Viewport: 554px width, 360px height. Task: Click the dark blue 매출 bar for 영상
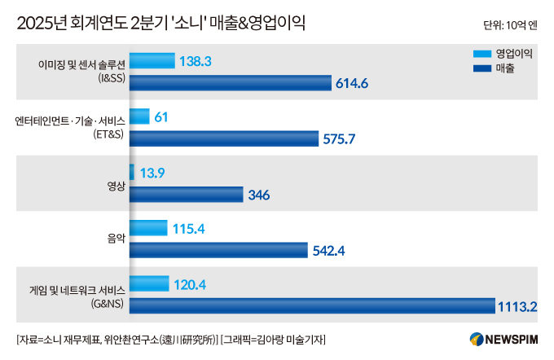pyautogui.click(x=186, y=194)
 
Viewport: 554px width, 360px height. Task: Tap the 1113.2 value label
pyautogui.click(x=519, y=305)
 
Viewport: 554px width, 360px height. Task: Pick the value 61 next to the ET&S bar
pyautogui.click(x=161, y=117)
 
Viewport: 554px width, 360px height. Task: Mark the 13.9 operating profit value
pyautogui.click(x=152, y=173)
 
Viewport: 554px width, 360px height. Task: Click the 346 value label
pyautogui.click(x=259, y=195)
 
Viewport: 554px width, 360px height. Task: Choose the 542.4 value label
pyautogui.click(x=328, y=250)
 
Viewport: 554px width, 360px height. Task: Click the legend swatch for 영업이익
pyautogui.click(x=481, y=54)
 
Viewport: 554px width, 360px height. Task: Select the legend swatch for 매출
pyautogui.click(x=481, y=67)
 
